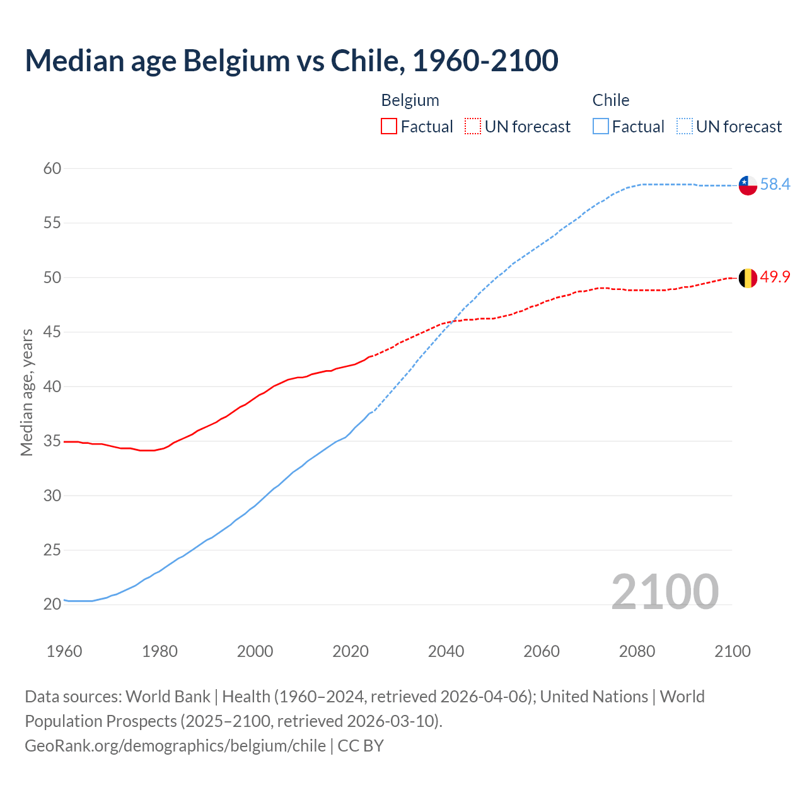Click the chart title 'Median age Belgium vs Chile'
[291, 61]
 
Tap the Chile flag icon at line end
[748, 185]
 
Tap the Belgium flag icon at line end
[748, 278]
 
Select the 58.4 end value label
[775, 184]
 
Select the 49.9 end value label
[775, 277]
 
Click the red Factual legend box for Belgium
[389, 127]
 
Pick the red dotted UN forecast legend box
[473, 127]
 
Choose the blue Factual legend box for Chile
[601, 127]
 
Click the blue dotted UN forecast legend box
[685, 127]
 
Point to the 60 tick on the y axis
[52, 168]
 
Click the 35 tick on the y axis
[52, 441]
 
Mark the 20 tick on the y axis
[52, 604]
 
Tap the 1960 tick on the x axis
[64, 651]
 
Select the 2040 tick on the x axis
[446, 651]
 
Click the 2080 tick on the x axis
[637, 651]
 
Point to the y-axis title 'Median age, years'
[26, 392]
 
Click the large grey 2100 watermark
[665, 591]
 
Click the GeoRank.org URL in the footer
[175, 746]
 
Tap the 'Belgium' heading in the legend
[410, 100]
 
